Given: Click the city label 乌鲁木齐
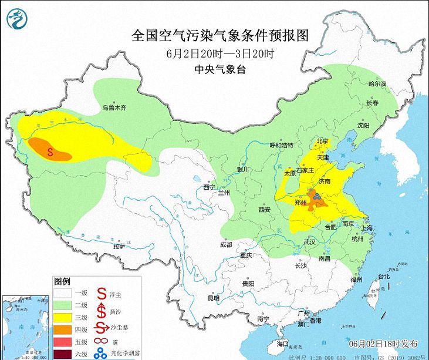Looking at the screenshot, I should [x=114, y=107].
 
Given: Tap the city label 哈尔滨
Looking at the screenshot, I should [x=377, y=84].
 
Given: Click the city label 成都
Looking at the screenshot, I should [x=226, y=244].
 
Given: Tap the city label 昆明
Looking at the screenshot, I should [x=214, y=298].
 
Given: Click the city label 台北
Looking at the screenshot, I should [x=384, y=276].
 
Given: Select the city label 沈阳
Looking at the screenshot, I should [x=363, y=126].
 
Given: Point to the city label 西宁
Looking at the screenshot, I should [x=210, y=187].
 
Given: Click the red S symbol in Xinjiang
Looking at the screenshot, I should [x=50, y=152].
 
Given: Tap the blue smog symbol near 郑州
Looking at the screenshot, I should [x=316, y=198].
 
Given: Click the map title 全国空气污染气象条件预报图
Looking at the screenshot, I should [x=219, y=35].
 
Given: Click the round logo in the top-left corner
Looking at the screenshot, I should [x=18, y=19].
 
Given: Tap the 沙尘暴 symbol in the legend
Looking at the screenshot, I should [x=102, y=329].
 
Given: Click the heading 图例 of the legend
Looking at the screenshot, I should [x=62, y=281].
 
